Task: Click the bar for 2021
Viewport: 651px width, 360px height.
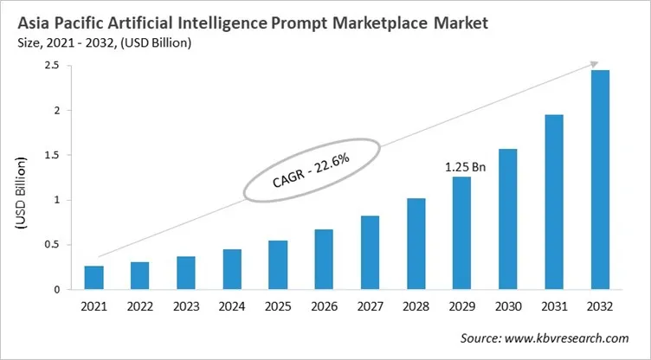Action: (x=93, y=278)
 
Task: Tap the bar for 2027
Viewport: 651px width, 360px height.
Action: (x=371, y=253)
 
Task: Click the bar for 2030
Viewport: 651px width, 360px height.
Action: (x=508, y=220)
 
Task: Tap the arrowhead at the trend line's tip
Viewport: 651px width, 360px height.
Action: (x=594, y=64)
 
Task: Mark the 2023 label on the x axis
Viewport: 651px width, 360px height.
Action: (x=185, y=306)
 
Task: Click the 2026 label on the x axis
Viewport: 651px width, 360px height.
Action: (x=324, y=306)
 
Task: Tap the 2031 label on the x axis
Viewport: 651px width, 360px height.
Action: (x=554, y=306)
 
